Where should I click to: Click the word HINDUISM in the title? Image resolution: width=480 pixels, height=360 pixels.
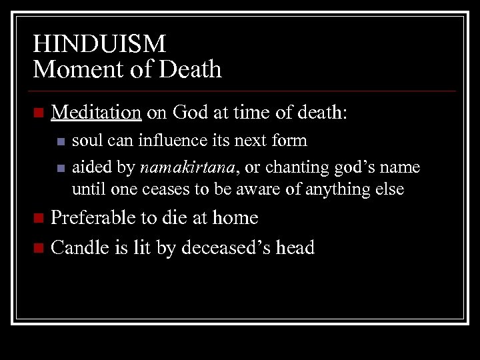[x=99, y=44]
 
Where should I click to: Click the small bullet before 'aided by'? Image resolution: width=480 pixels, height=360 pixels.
[x=61, y=166]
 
